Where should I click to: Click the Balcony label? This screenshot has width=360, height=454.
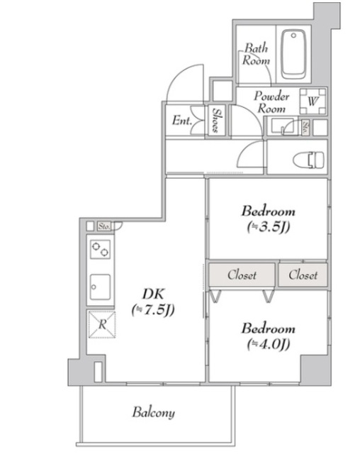pos(154,412)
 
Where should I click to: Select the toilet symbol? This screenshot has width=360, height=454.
pos(308,160)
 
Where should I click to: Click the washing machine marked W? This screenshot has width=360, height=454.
pos(313,101)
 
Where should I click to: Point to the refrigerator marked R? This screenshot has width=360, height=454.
pos(102,324)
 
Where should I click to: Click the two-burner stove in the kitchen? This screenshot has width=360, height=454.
pos(100,249)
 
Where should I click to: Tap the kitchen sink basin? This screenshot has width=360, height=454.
pos(100,287)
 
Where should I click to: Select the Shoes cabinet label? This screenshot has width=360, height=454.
pos(216,120)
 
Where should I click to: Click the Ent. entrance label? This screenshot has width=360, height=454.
pos(182,121)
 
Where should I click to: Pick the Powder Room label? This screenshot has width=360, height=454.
pos(271,102)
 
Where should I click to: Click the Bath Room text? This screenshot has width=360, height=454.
pos(256,54)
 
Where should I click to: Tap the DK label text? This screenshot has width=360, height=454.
pos(153,294)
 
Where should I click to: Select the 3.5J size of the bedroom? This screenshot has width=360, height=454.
pos(269,227)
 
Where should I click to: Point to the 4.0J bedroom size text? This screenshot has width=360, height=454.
pos(269,345)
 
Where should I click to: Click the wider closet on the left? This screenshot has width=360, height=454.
pos(242,275)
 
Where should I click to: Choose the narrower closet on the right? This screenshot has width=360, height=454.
pos(303,275)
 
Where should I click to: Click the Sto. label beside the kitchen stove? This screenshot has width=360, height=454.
pos(104,226)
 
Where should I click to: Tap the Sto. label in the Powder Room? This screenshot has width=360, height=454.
pos(305,128)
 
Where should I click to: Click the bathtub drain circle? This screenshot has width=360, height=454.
pos(293,35)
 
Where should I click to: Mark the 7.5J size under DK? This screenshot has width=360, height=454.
pos(153,311)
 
